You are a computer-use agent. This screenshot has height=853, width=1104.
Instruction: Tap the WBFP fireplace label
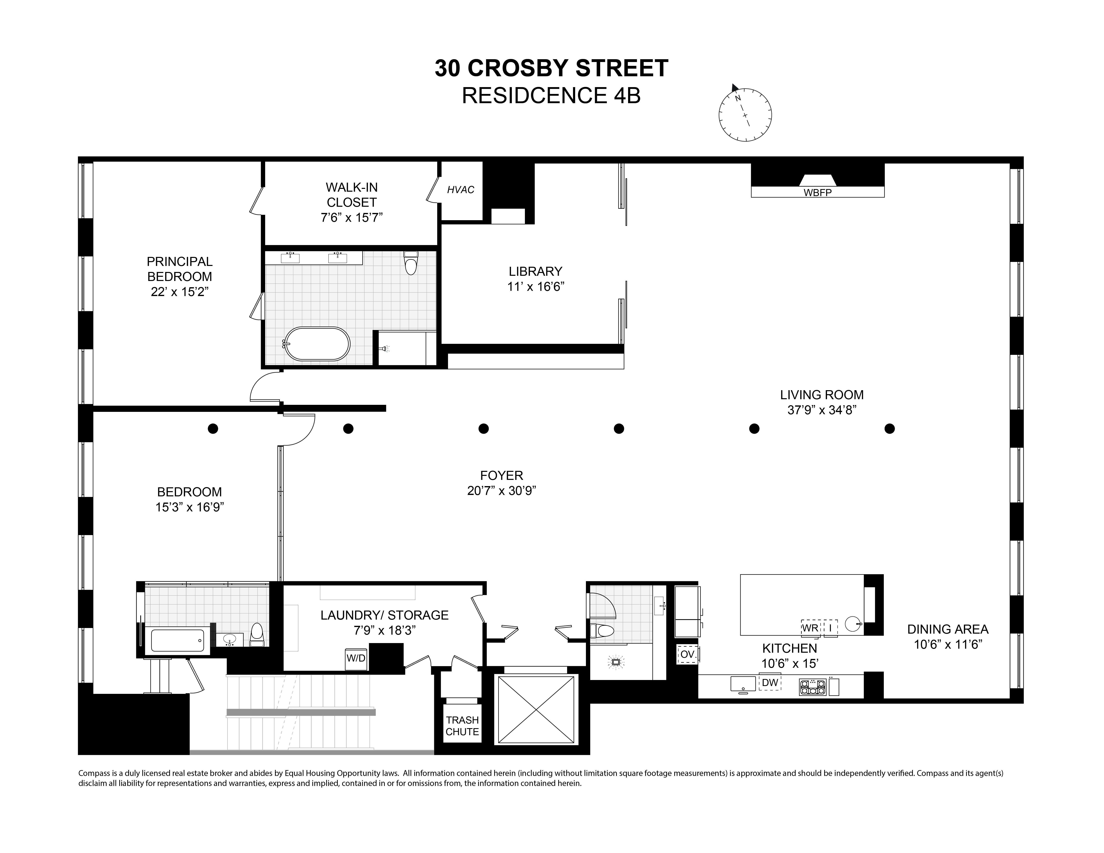coord(817,192)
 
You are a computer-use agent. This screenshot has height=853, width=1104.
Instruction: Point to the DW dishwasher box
coord(770,683)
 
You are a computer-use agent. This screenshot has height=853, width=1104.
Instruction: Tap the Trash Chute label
coord(462,726)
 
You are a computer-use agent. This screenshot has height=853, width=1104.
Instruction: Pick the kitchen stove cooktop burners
coord(812,687)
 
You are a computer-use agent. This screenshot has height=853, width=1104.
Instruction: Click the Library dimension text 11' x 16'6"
coord(535,287)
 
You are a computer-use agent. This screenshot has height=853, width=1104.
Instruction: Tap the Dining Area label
coord(947,629)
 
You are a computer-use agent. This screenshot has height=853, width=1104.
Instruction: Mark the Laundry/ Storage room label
coord(384,615)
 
